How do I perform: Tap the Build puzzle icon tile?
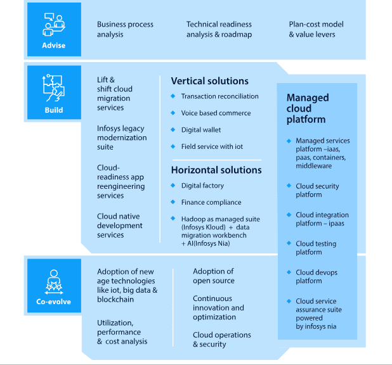click(53, 93)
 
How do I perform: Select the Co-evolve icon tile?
click(53, 285)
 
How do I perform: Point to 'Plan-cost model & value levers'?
click(316, 29)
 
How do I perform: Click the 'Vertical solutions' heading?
click(209, 81)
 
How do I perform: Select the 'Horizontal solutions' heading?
click(216, 170)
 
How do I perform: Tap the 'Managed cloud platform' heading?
click(308, 108)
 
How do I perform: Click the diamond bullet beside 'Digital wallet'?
click(173, 130)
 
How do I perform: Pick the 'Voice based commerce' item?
click(216, 113)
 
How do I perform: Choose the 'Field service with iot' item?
click(212, 146)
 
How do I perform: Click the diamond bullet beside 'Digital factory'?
click(173, 186)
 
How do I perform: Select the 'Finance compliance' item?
click(211, 202)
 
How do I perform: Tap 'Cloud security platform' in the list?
click(317, 190)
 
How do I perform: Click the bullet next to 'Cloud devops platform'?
click(287, 272)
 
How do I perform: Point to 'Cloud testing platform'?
click(316, 248)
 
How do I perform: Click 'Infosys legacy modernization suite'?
click(122, 138)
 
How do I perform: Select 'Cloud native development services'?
click(119, 226)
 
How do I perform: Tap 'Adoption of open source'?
click(214, 276)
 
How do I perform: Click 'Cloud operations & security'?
click(221, 339)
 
